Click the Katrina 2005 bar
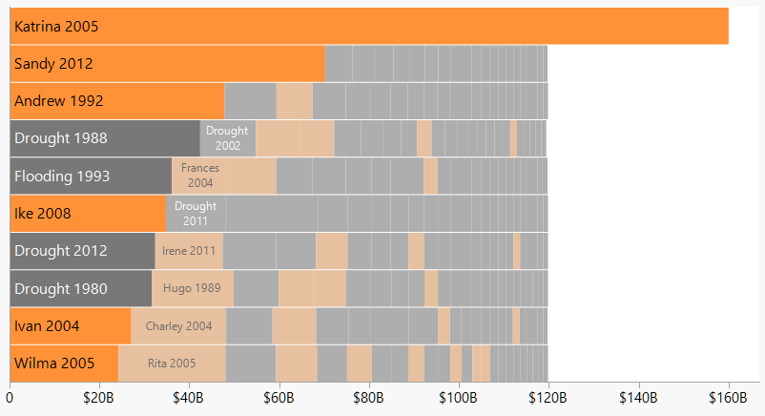point(369,26)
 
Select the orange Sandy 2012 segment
point(167,64)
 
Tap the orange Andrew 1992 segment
point(116,101)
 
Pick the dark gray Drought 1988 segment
point(105,138)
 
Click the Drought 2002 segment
point(228,138)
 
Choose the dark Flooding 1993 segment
point(91,177)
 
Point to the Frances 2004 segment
point(200,176)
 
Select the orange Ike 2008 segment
point(88,214)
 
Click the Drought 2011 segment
point(196,214)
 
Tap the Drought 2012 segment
point(82,251)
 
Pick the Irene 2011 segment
point(189,251)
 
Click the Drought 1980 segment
point(81,288)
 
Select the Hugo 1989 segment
point(193,288)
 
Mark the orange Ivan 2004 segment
point(70,326)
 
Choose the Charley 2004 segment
point(178,326)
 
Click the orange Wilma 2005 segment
point(64,364)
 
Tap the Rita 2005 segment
point(172,364)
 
